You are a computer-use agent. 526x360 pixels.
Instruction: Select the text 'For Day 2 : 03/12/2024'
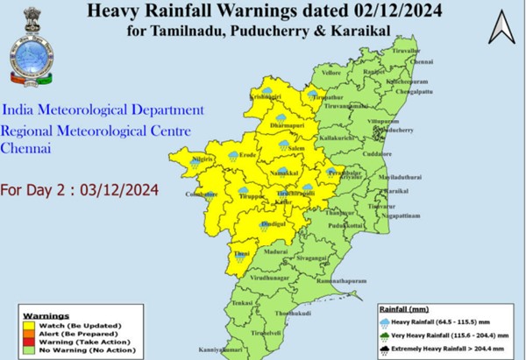[79, 190]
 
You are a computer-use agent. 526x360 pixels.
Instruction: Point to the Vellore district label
[332, 74]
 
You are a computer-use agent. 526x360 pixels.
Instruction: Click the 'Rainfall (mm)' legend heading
[404, 309]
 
